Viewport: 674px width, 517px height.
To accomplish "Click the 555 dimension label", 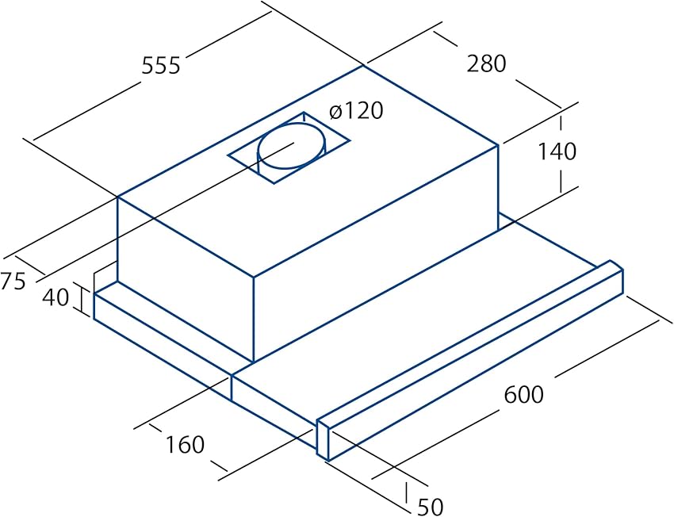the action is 161,66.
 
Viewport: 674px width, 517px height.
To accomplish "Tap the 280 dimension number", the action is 487,63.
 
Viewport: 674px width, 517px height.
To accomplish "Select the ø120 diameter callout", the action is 356,111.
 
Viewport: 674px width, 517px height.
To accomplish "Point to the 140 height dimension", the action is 557,151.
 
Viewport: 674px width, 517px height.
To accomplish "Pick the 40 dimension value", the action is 56,297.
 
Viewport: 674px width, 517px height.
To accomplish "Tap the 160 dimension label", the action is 185,445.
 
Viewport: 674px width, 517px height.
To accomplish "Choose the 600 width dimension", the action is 523,394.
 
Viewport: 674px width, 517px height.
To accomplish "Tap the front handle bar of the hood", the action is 470,361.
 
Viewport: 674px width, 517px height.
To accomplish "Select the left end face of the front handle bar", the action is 323,438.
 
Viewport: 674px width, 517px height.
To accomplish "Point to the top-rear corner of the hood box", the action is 364,66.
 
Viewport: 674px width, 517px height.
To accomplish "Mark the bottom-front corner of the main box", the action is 254,361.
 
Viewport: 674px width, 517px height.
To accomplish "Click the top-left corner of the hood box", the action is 118,197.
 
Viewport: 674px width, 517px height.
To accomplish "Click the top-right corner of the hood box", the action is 498,145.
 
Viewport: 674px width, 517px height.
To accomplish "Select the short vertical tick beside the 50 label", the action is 406,492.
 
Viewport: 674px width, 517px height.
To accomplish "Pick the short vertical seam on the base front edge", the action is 232,388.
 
